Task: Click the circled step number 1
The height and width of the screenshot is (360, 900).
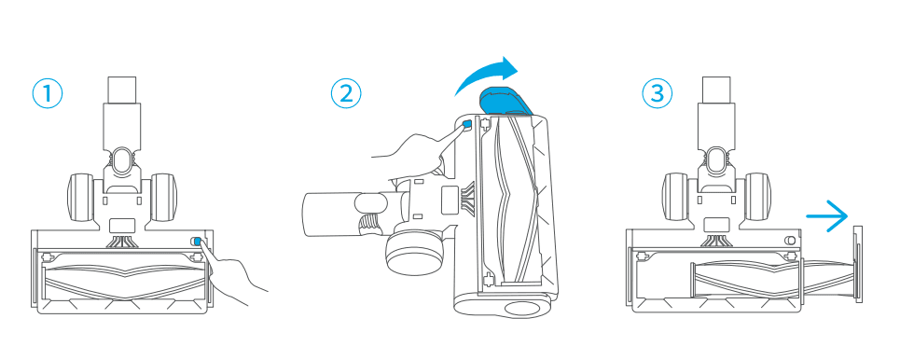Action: pyautogui.click(x=48, y=93)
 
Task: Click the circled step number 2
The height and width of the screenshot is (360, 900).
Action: pyautogui.click(x=346, y=93)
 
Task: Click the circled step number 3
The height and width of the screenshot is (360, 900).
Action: pyautogui.click(x=656, y=93)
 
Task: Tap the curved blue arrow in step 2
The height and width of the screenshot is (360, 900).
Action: pyautogui.click(x=485, y=74)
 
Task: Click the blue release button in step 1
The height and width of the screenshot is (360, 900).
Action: pyautogui.click(x=198, y=242)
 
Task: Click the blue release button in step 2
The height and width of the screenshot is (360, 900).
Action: pyautogui.click(x=466, y=123)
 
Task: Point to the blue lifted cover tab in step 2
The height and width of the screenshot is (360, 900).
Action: pyautogui.click(x=504, y=100)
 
